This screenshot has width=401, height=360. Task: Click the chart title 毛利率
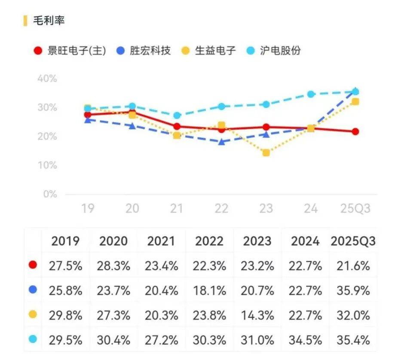coord(49,20)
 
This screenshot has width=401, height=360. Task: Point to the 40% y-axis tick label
coord(47,79)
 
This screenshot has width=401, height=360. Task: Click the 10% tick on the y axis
coord(47,165)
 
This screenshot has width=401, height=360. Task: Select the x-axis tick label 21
coord(177,209)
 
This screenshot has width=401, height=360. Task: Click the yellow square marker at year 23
coord(266,153)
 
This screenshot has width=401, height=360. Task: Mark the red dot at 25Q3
coord(355,131)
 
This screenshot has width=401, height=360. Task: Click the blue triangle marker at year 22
coord(221,142)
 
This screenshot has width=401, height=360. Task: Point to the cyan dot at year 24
coord(311,94)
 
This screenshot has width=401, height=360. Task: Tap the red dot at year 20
coord(132,112)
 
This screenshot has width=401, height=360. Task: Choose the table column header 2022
coord(210,241)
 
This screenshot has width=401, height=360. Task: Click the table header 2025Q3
coord(353,241)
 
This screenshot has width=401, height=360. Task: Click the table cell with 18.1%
coord(210,290)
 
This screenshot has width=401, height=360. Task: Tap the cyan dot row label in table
coord(33,339)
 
